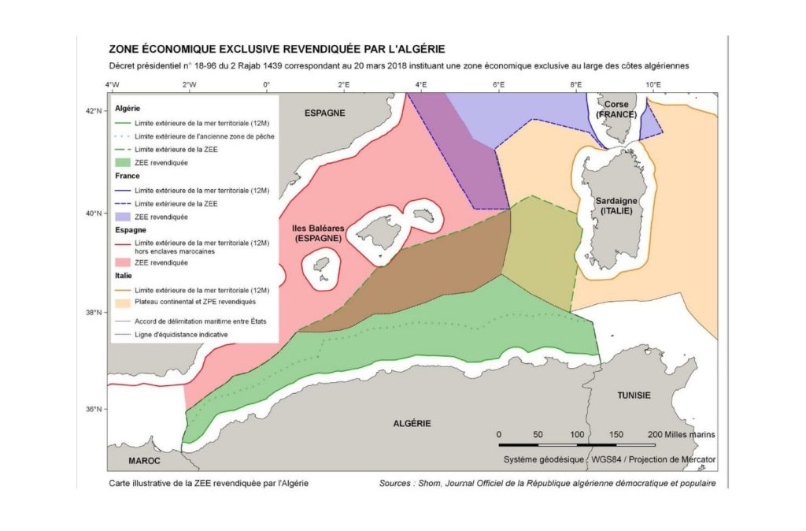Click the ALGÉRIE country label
click(412, 423)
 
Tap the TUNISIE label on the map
click(633, 395)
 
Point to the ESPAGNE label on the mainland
click(324, 113)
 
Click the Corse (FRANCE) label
click(616, 109)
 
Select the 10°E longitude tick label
click(653, 84)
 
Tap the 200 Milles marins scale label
click(681, 435)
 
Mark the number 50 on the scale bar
click(538, 435)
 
